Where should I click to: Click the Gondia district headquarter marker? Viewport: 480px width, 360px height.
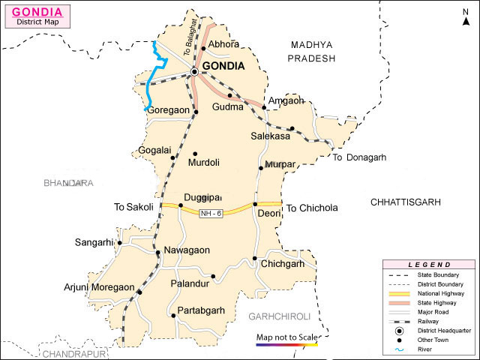point(194,71)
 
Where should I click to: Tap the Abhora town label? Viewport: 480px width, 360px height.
point(225,44)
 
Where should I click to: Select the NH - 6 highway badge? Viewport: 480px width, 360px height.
point(211,214)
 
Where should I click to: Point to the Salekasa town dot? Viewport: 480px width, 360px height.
point(292,128)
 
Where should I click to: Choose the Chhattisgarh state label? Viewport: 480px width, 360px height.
point(406,202)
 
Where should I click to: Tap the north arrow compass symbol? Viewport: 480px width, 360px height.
point(465,16)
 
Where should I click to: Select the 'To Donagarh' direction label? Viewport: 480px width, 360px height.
point(358,157)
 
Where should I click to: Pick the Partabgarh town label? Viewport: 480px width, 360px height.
point(201,310)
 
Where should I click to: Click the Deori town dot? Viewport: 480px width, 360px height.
point(255,204)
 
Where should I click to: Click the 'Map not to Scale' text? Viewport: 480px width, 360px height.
point(286,337)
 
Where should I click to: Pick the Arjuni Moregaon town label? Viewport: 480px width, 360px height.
point(98,287)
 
